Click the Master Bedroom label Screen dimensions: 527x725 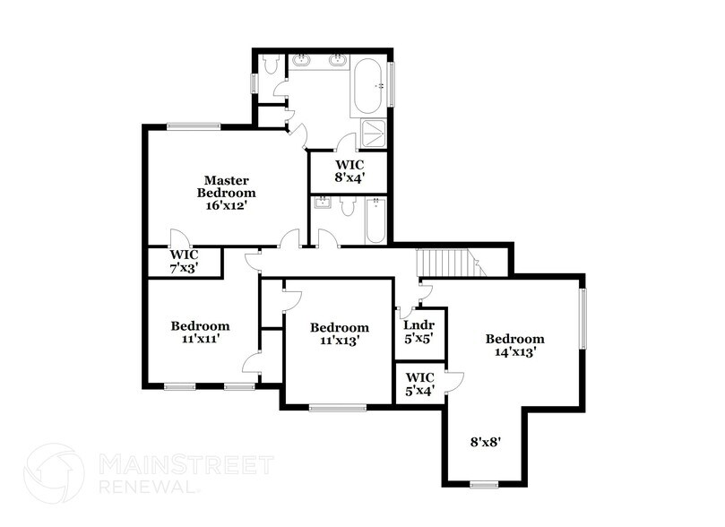[226, 186]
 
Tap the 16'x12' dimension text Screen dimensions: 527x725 [226, 204]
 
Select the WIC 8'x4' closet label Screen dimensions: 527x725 [349, 170]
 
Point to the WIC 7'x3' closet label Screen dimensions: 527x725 [184, 261]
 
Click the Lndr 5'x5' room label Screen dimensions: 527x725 [419, 331]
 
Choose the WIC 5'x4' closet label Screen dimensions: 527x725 [419, 384]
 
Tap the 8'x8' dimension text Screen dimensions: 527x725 [485, 441]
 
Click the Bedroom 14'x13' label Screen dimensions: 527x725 [514, 345]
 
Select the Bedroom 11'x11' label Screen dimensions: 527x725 [200, 333]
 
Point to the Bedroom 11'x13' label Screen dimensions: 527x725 [339, 334]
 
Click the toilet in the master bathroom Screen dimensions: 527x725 [272, 65]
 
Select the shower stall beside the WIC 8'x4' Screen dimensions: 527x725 [372, 134]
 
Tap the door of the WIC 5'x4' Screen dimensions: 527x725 [453, 383]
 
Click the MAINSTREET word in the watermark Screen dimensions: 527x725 [184, 465]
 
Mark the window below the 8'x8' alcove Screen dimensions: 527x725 [484, 485]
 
